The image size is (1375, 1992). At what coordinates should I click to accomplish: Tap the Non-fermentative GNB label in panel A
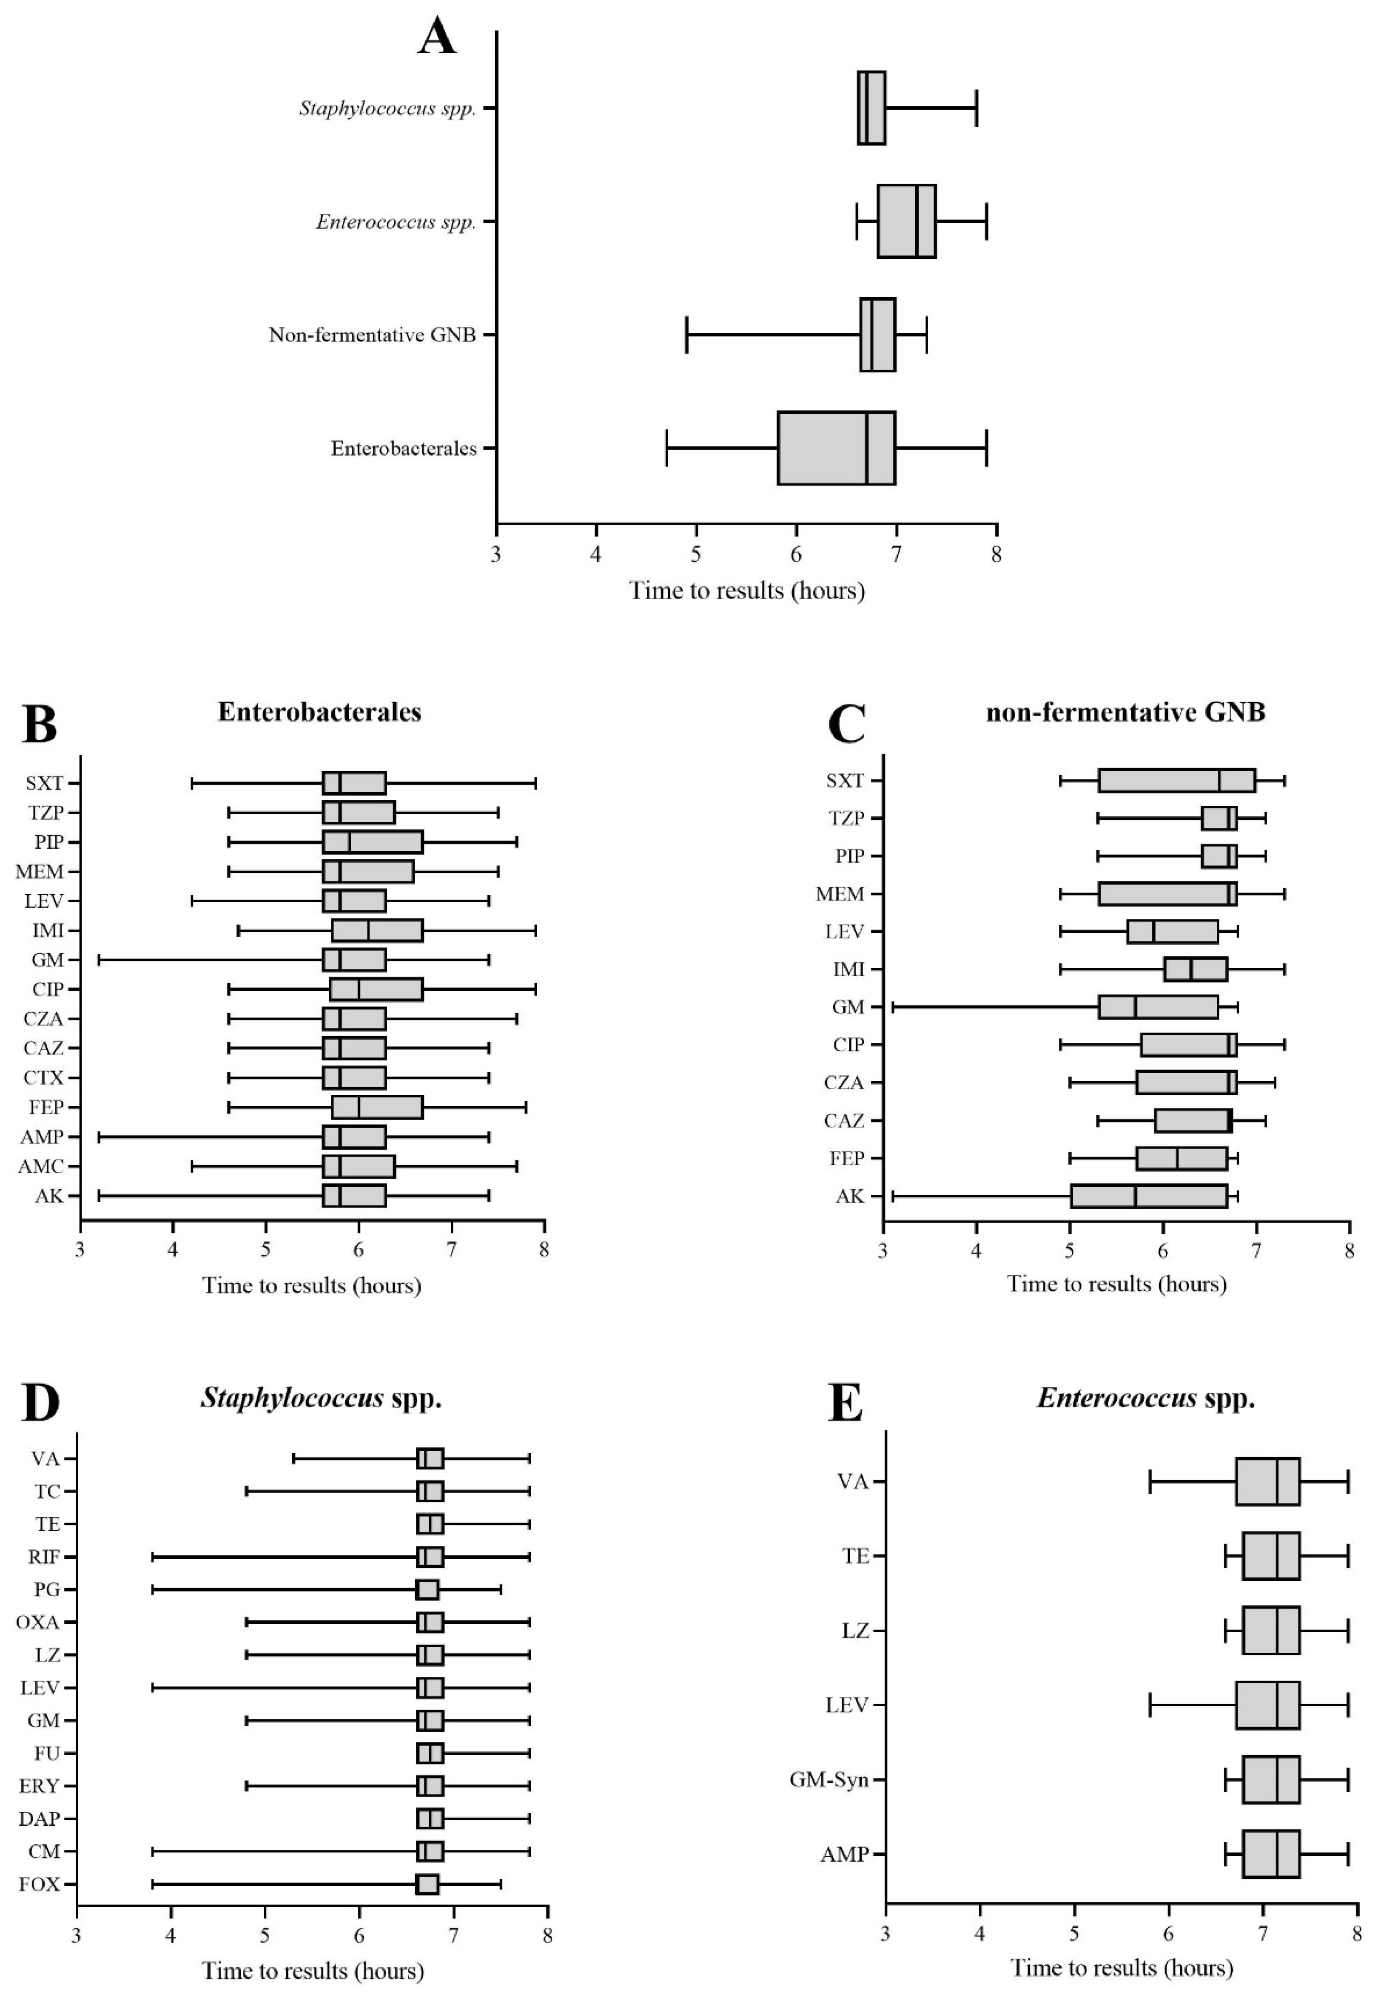pos(372,335)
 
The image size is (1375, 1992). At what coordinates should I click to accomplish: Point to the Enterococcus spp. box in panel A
pos(906,222)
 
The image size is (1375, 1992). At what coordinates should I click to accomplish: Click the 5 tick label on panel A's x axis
pos(696,553)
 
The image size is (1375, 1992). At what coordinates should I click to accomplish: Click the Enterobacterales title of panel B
pos(319,712)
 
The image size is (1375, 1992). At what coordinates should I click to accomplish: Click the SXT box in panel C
pos(1177,780)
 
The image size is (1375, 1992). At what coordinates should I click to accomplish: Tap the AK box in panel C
pos(1148,1196)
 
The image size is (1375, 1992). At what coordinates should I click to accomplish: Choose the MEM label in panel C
pos(840,894)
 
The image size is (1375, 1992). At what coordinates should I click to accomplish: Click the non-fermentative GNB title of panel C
pos(1125,712)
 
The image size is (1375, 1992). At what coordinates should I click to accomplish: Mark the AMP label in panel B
pos(42,1137)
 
